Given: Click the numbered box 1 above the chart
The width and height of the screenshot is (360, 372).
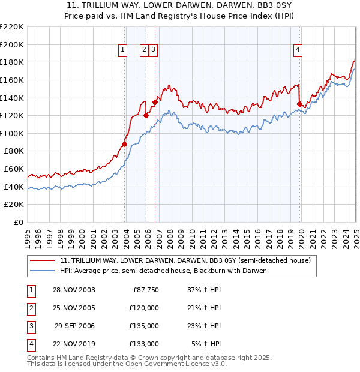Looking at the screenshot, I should pyautogui.click(x=122, y=50).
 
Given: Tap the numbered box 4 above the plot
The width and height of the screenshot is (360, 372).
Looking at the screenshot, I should pyautogui.click(x=298, y=50).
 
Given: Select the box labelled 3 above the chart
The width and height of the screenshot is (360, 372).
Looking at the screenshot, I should pyautogui.click(x=154, y=50).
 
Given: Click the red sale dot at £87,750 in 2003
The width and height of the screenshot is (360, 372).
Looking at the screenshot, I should pyautogui.click(x=124, y=144).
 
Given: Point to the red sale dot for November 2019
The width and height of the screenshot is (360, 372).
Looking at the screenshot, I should pyautogui.click(x=299, y=104).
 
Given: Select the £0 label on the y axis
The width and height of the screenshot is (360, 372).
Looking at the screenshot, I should pyautogui.click(x=18, y=222).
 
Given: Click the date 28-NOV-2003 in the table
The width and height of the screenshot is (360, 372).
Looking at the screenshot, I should pyautogui.click(x=73, y=290).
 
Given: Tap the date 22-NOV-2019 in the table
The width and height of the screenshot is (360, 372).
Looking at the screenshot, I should pyautogui.click(x=73, y=344).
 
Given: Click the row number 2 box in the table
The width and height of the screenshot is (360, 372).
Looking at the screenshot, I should pyautogui.click(x=31, y=308).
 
